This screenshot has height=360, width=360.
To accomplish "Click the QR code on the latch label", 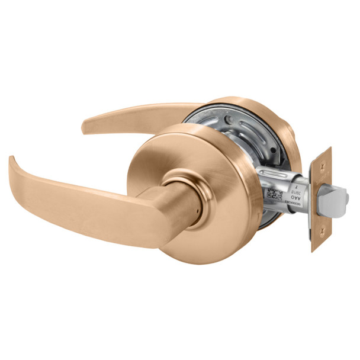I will [x=272, y=194].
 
